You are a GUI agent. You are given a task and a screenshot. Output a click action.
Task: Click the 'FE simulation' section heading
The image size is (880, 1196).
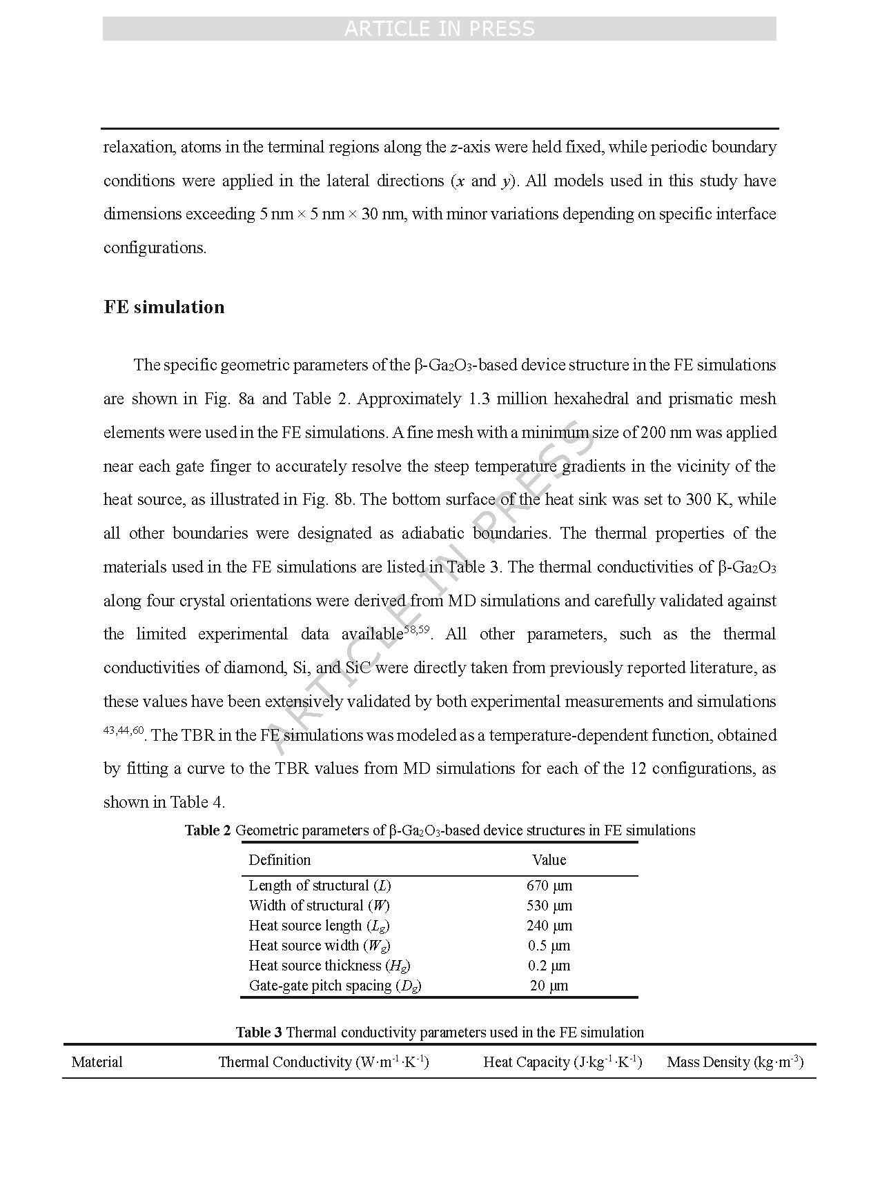pos(164,307)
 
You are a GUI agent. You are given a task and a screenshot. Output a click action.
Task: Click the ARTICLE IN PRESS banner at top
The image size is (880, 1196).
pos(439,28)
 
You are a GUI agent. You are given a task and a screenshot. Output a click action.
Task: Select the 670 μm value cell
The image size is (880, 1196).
pos(549,886)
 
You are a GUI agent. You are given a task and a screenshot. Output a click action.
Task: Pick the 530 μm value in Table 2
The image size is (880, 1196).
pos(549,906)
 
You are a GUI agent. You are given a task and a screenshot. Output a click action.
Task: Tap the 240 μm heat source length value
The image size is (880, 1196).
pos(549,926)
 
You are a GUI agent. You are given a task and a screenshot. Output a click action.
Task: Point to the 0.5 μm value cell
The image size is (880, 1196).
pos(549,946)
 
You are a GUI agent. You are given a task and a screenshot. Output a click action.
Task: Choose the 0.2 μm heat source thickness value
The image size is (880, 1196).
pos(549,966)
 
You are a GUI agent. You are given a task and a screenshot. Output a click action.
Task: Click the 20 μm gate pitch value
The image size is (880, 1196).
pos(549,986)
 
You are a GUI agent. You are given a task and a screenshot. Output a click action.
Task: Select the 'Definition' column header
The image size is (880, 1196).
pos(280,860)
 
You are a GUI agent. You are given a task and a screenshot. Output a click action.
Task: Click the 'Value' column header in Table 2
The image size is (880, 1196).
pos(549,860)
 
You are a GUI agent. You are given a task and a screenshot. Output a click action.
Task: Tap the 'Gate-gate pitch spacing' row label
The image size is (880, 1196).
pos(335,986)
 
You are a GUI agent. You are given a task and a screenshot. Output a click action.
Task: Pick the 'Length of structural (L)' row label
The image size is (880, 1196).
pos(320,886)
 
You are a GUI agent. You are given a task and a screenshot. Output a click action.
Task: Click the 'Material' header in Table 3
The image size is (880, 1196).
pos(97,1062)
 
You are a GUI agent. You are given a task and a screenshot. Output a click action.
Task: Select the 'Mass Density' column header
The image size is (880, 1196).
pos(734,1062)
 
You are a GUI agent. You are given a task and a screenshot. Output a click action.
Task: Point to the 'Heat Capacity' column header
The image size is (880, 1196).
pos(563,1062)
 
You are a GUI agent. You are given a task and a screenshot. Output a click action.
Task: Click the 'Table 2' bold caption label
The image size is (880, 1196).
pos(207,830)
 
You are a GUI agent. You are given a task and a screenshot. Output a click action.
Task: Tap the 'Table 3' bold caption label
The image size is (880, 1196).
pos(259,1033)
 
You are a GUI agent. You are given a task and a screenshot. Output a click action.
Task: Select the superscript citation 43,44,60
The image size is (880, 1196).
pos(124,730)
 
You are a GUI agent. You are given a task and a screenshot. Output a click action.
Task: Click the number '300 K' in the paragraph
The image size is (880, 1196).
pos(708,499)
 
